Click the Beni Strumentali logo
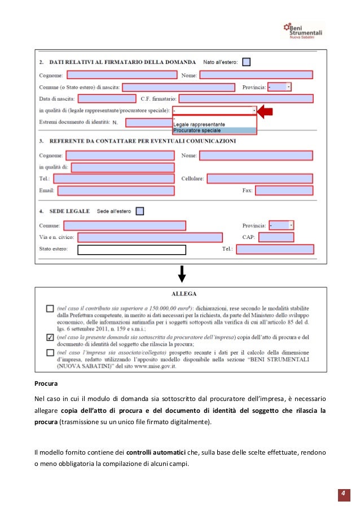click(303, 30)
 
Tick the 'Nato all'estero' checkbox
click(246, 62)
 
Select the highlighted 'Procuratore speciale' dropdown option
click(214, 130)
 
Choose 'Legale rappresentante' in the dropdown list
click(214, 124)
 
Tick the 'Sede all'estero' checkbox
click(140, 211)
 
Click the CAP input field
click(275, 237)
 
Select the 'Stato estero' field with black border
click(131, 250)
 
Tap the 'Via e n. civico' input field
click(150, 237)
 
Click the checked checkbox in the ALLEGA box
click(50, 338)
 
